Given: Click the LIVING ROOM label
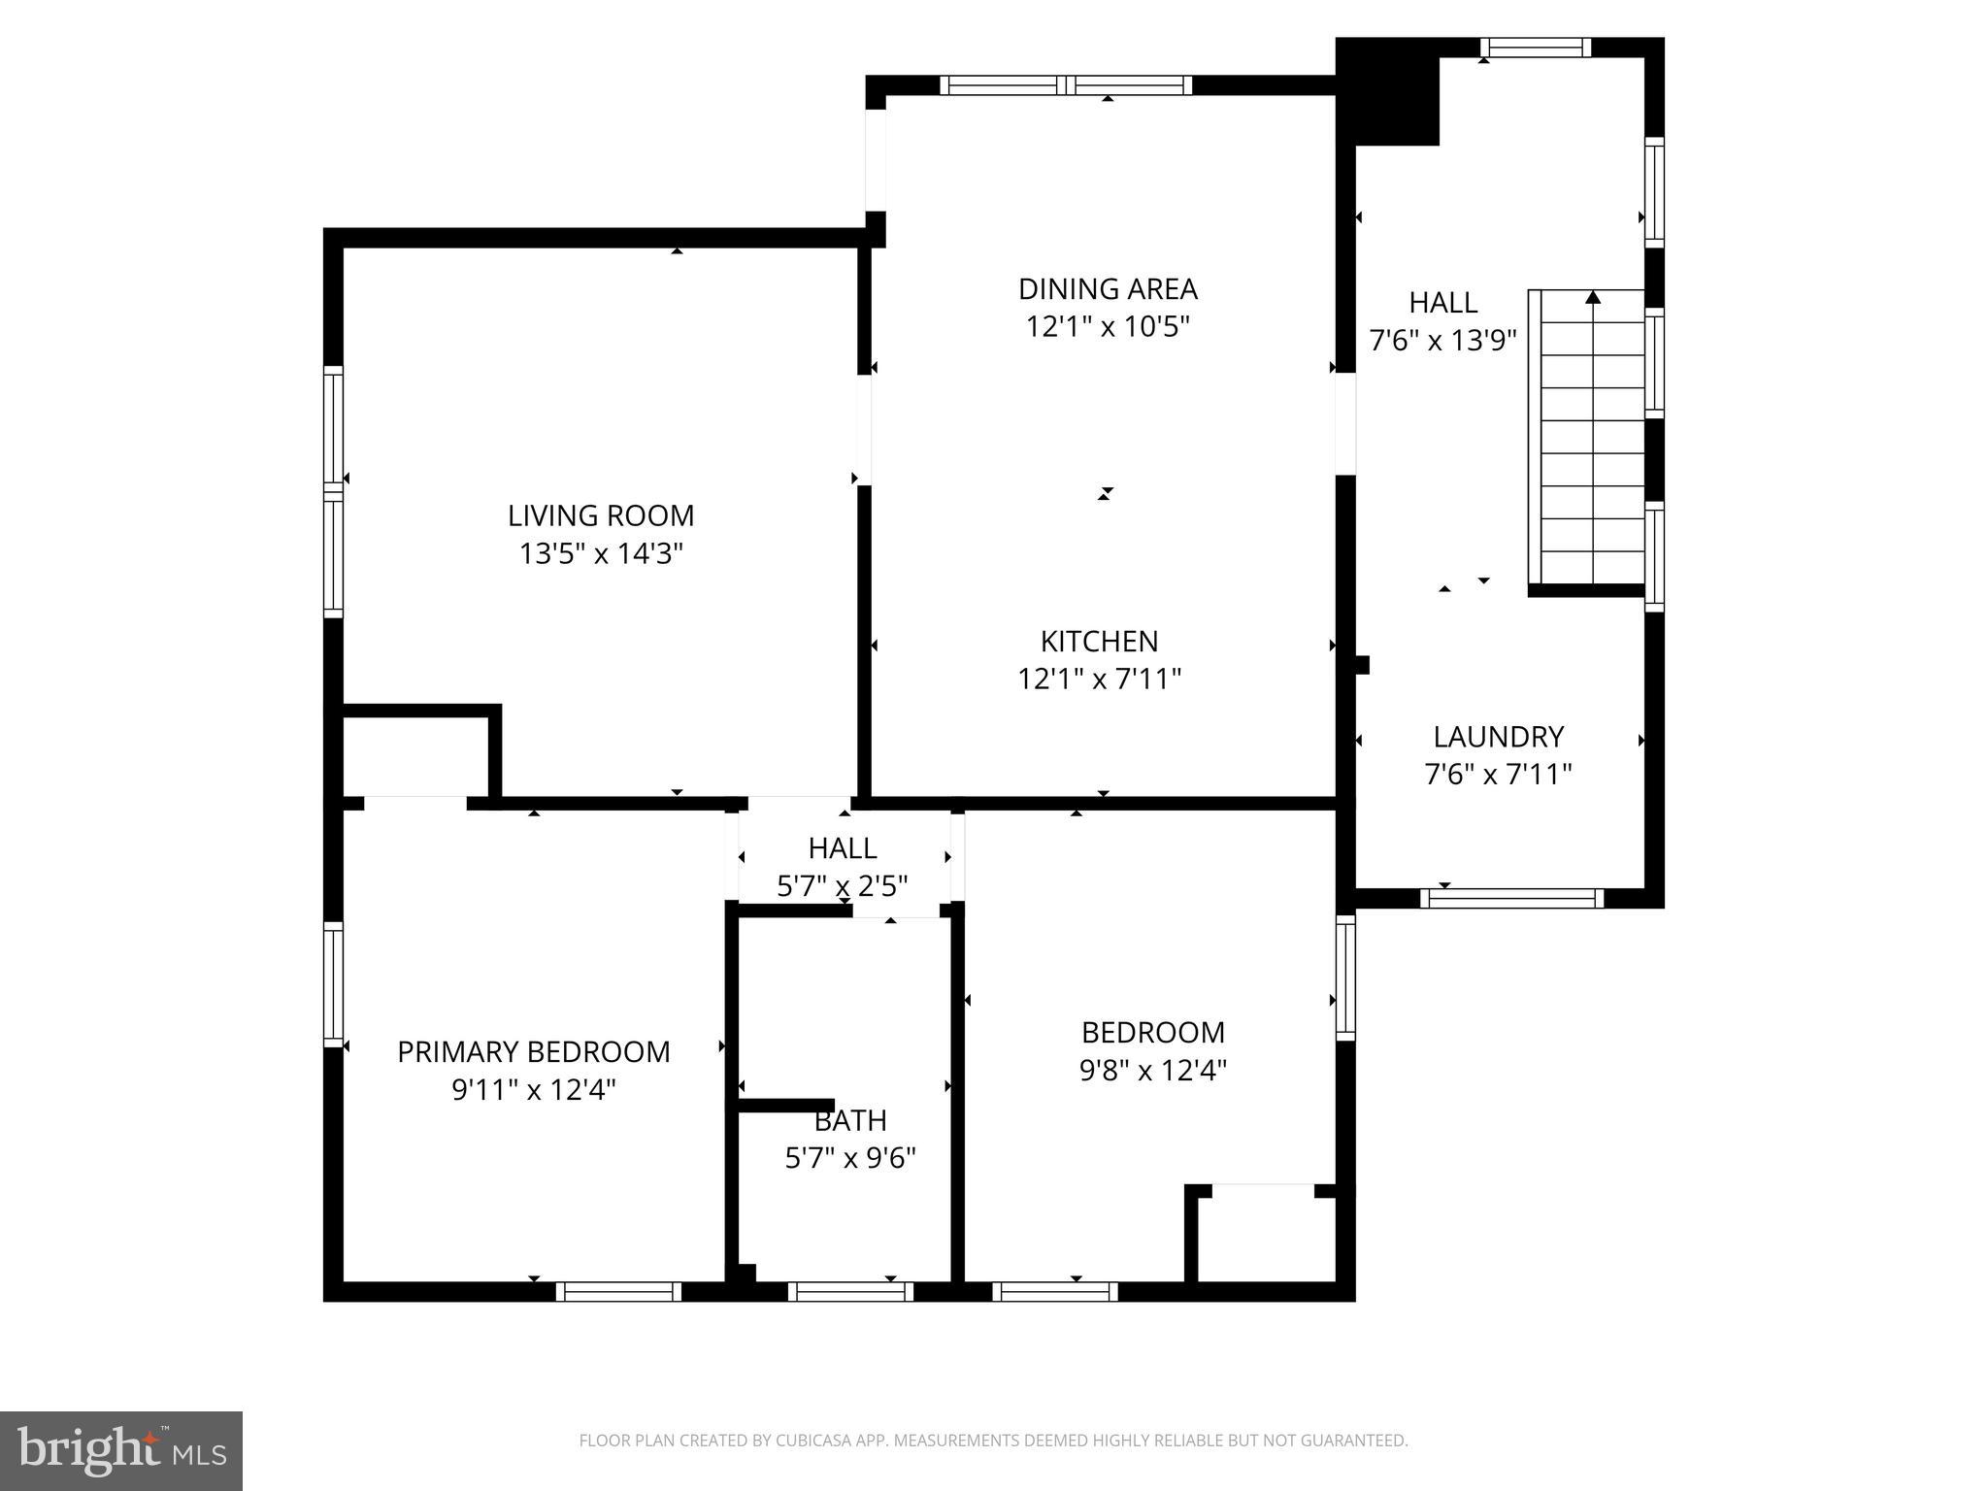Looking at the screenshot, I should pos(601,515).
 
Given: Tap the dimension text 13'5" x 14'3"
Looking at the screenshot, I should pos(601,554).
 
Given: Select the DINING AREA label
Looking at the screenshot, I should pos(1108,289).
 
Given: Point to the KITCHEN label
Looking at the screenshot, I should pos(1099,642).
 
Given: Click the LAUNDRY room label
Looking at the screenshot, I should pos(1498,737).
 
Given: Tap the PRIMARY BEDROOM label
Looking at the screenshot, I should pos(533,1052).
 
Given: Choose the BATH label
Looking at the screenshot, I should pos(850,1121).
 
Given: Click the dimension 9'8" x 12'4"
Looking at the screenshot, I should pos(1153,1071).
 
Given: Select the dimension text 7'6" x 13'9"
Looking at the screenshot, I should pos(1442,341).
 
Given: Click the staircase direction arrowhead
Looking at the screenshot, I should pos(1593,298).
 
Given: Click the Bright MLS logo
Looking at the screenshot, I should pos(121,1450).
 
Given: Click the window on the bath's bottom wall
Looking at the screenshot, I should pos(850,1291).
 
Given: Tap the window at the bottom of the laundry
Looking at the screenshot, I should pos(1511,899).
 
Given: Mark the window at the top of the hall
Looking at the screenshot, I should pos(1535,48).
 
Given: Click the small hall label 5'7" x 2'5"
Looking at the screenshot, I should pos(843,886).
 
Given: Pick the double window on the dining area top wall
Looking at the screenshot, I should pos(1066,85).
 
